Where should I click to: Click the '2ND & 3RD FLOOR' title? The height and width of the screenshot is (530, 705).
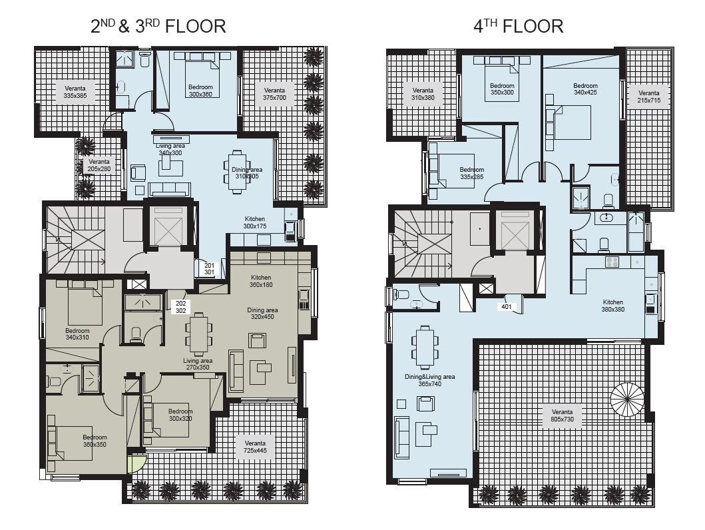pyautogui.click(x=158, y=26)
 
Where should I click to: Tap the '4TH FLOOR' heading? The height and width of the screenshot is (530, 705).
pyautogui.click(x=519, y=26)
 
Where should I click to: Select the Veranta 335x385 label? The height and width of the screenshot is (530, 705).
pyautogui.click(x=75, y=92)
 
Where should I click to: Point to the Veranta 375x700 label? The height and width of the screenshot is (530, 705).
pyautogui.click(x=274, y=94)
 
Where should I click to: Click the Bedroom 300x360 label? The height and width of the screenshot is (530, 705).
pyautogui.click(x=200, y=91)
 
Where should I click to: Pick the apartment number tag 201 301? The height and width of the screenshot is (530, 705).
pyautogui.click(x=210, y=269)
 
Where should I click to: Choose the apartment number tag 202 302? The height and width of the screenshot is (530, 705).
pyautogui.click(x=181, y=307)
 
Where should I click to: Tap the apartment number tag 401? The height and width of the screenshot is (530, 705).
pyautogui.click(x=506, y=306)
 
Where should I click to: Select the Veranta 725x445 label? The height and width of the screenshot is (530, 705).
pyautogui.click(x=255, y=447)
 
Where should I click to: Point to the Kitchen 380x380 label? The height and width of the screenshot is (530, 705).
pyautogui.click(x=613, y=306)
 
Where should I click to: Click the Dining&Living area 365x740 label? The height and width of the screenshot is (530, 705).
pyautogui.click(x=430, y=380)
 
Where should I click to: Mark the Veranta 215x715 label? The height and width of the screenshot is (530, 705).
pyautogui.click(x=649, y=97)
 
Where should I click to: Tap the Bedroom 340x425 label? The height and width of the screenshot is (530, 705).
pyautogui.click(x=585, y=89)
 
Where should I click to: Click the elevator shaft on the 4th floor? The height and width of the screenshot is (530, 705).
pyautogui.click(x=515, y=230)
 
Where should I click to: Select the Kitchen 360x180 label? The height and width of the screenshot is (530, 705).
pyautogui.click(x=261, y=281)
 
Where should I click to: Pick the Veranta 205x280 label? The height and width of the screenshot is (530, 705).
pyautogui.click(x=99, y=165)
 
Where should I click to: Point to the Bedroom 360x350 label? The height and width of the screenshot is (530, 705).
pyautogui.click(x=95, y=441)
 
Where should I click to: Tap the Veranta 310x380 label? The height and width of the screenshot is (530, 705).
pyautogui.click(x=423, y=94)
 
